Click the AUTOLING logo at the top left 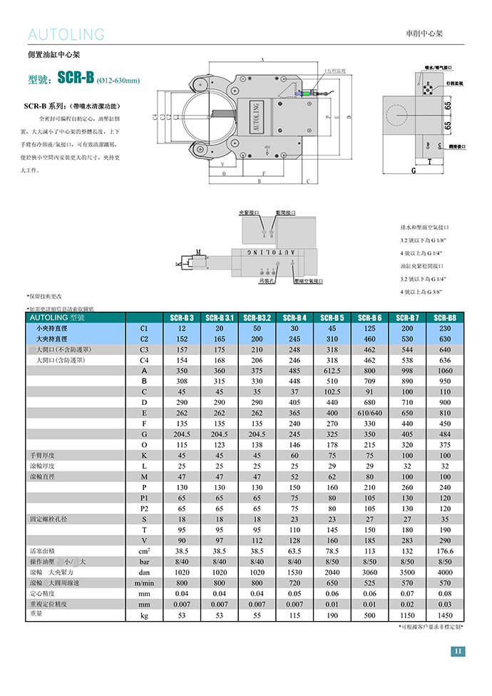[x=66, y=34]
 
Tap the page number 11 [x=458, y=650]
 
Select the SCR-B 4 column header [x=295, y=317]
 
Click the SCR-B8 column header [x=445, y=317]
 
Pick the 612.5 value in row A [x=332, y=371]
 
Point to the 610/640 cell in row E [x=369, y=413]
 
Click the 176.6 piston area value [x=445, y=551]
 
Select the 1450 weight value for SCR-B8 [x=445, y=614]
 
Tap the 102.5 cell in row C [x=332, y=391]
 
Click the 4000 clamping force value [x=445, y=572]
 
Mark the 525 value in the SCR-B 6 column [x=369, y=583]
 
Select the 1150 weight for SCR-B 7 [x=407, y=614]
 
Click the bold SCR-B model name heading [x=76, y=78]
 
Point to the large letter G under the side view [x=414, y=170]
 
